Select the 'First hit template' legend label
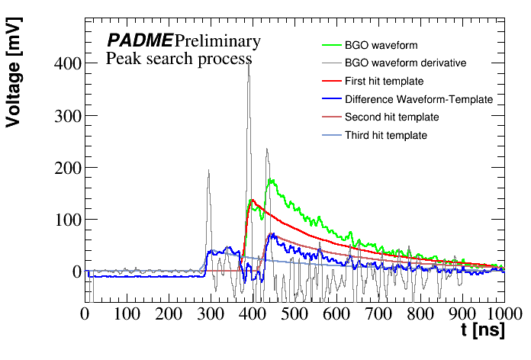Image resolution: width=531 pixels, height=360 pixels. (x=384, y=81)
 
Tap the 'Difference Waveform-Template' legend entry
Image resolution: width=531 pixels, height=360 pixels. (x=419, y=99)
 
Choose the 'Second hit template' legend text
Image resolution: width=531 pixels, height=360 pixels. (x=391, y=117)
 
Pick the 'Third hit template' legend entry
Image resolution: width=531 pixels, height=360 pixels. (x=385, y=136)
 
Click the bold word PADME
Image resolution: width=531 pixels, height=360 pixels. (x=139, y=40)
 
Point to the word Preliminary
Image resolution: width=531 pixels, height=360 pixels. (x=217, y=40)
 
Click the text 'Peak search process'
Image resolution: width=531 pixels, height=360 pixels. (x=179, y=59)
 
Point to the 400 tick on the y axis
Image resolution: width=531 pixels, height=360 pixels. (x=68, y=64)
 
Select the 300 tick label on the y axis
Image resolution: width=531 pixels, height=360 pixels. (x=68, y=116)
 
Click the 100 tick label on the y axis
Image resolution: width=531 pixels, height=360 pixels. (x=68, y=220)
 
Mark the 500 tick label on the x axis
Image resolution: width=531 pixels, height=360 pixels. (x=294, y=313)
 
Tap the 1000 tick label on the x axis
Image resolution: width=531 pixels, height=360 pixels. (x=501, y=313)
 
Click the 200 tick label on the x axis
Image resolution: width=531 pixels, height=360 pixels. (x=168, y=313)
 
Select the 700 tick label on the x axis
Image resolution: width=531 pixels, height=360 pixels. (x=378, y=313)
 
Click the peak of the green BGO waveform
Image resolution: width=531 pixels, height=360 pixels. (x=272, y=180)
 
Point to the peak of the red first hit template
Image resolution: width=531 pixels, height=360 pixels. (x=252, y=200)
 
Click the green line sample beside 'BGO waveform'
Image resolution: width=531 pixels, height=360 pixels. (x=328, y=45)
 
